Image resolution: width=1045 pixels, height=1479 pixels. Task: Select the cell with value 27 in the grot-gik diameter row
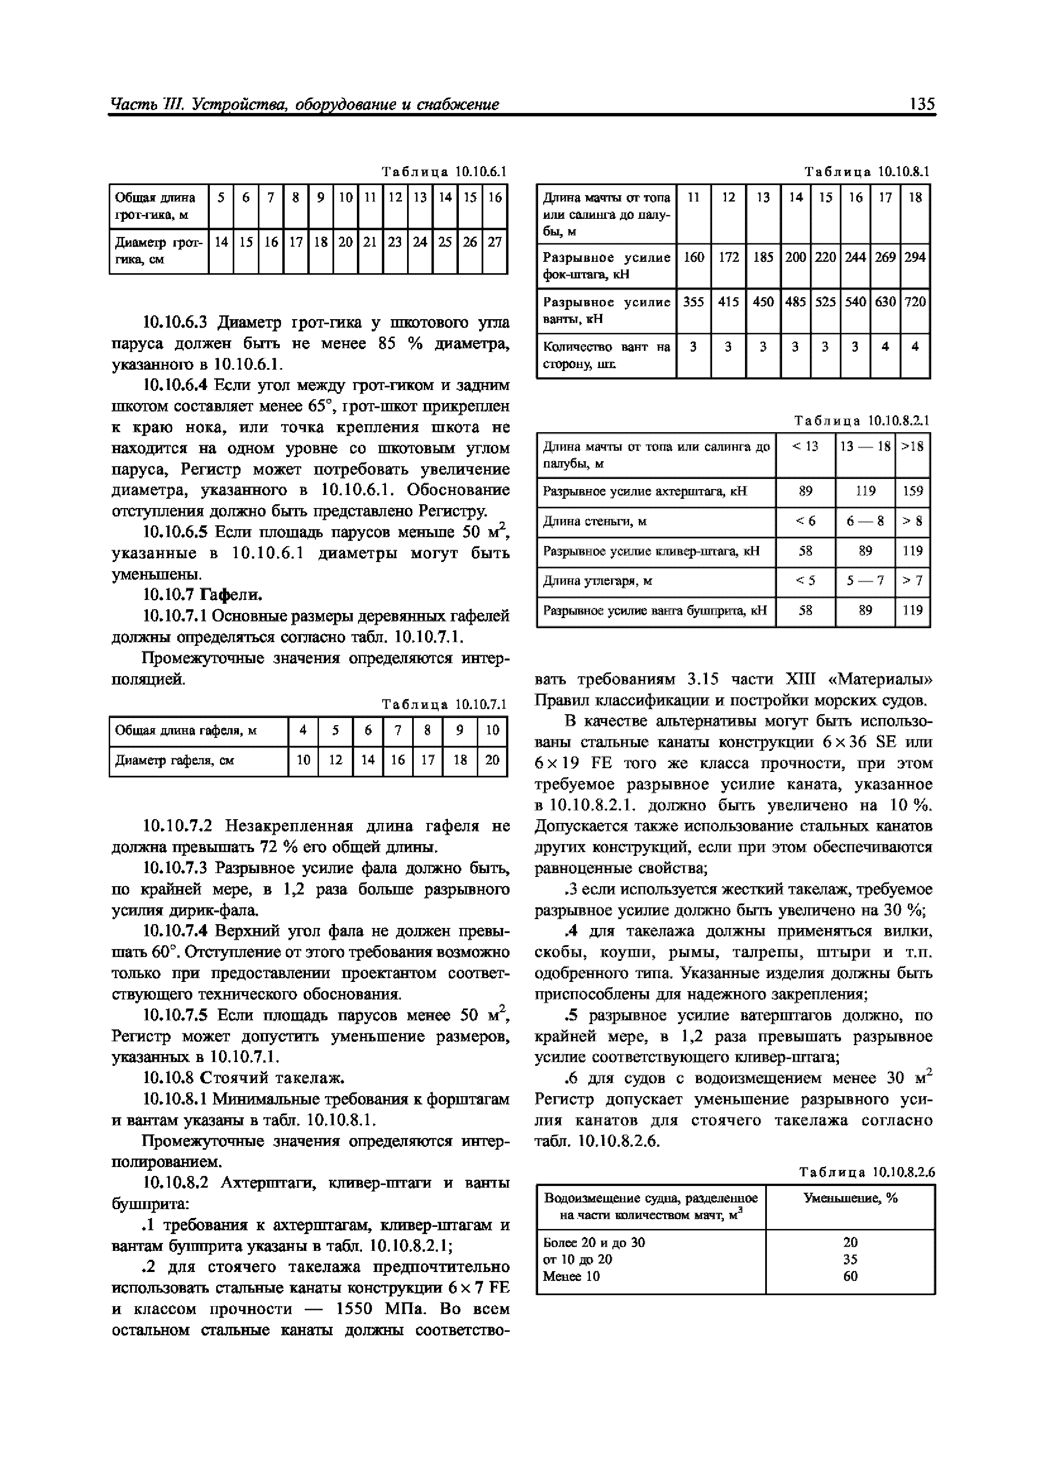[495, 242]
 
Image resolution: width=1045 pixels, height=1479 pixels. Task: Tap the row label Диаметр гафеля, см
[174, 760]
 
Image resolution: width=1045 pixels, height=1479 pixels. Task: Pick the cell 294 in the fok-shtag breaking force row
[915, 257]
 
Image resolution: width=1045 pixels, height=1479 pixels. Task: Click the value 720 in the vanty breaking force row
[915, 301]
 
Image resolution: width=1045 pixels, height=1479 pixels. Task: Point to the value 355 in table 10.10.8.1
[694, 301]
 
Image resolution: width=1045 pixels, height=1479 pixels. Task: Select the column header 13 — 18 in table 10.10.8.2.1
[865, 446]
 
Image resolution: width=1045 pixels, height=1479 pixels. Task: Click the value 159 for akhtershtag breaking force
[912, 491]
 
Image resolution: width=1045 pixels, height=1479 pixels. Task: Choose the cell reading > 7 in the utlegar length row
[912, 581]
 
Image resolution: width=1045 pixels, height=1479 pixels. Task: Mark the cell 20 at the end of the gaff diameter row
[492, 760]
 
